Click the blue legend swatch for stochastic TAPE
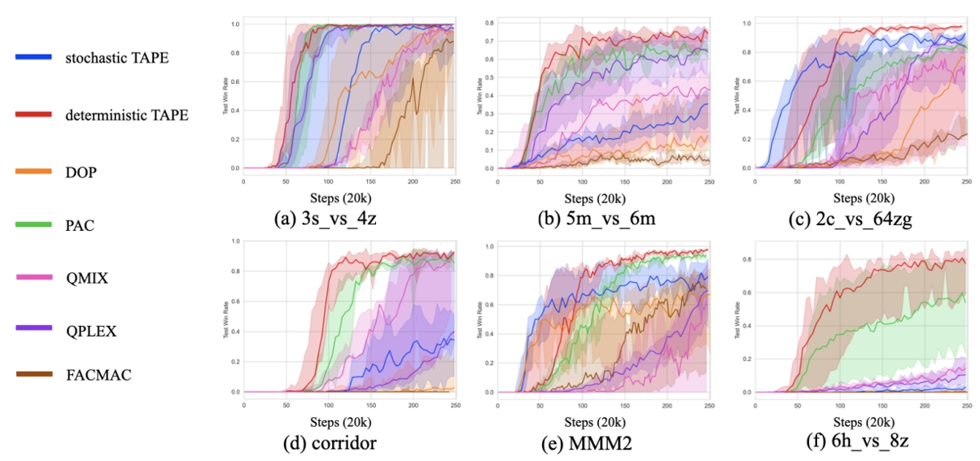pyautogui.click(x=34, y=56)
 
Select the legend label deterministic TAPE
pyautogui.click(x=127, y=115)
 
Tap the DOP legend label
pyautogui.click(x=80, y=172)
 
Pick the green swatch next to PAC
pyautogui.click(x=34, y=224)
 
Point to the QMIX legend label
pyautogui.click(x=85, y=277)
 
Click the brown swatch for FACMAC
pyautogui.click(x=34, y=375)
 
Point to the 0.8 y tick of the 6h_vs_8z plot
pyautogui.click(x=746, y=259)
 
